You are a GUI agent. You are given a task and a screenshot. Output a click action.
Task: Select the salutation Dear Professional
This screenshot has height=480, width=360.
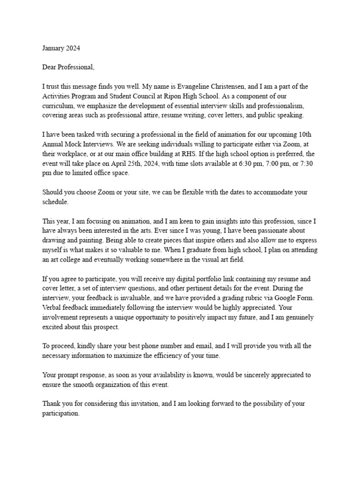[x=68, y=67]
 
